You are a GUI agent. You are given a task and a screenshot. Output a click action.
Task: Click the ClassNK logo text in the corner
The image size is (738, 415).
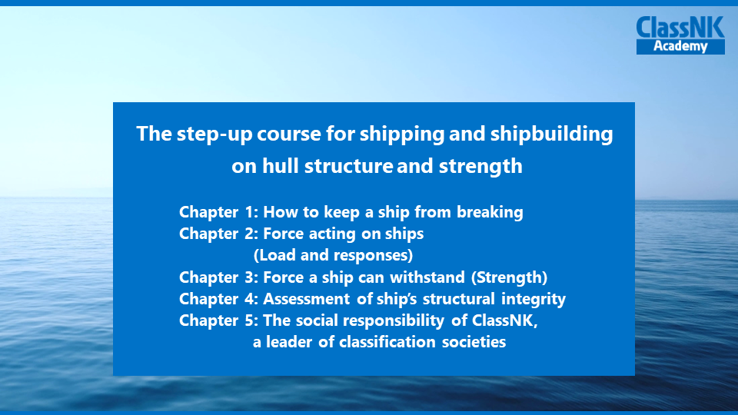[680, 28]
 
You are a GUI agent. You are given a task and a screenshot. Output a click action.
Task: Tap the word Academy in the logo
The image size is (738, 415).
[680, 47]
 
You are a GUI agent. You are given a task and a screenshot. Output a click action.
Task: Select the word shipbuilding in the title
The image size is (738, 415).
[552, 134]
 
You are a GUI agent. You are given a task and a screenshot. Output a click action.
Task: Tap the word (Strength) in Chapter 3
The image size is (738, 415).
[509, 277]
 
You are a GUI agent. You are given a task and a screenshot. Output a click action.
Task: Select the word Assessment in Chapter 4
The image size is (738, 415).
[307, 299]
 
